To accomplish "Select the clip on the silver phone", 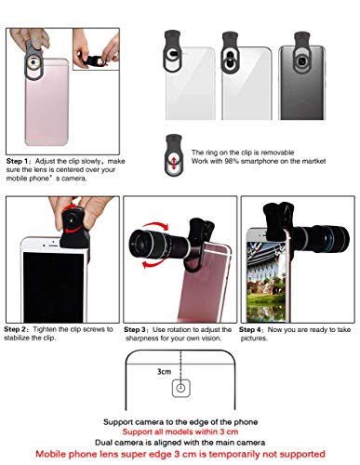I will (x=235, y=46).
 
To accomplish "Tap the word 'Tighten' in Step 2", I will (x=55, y=328).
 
